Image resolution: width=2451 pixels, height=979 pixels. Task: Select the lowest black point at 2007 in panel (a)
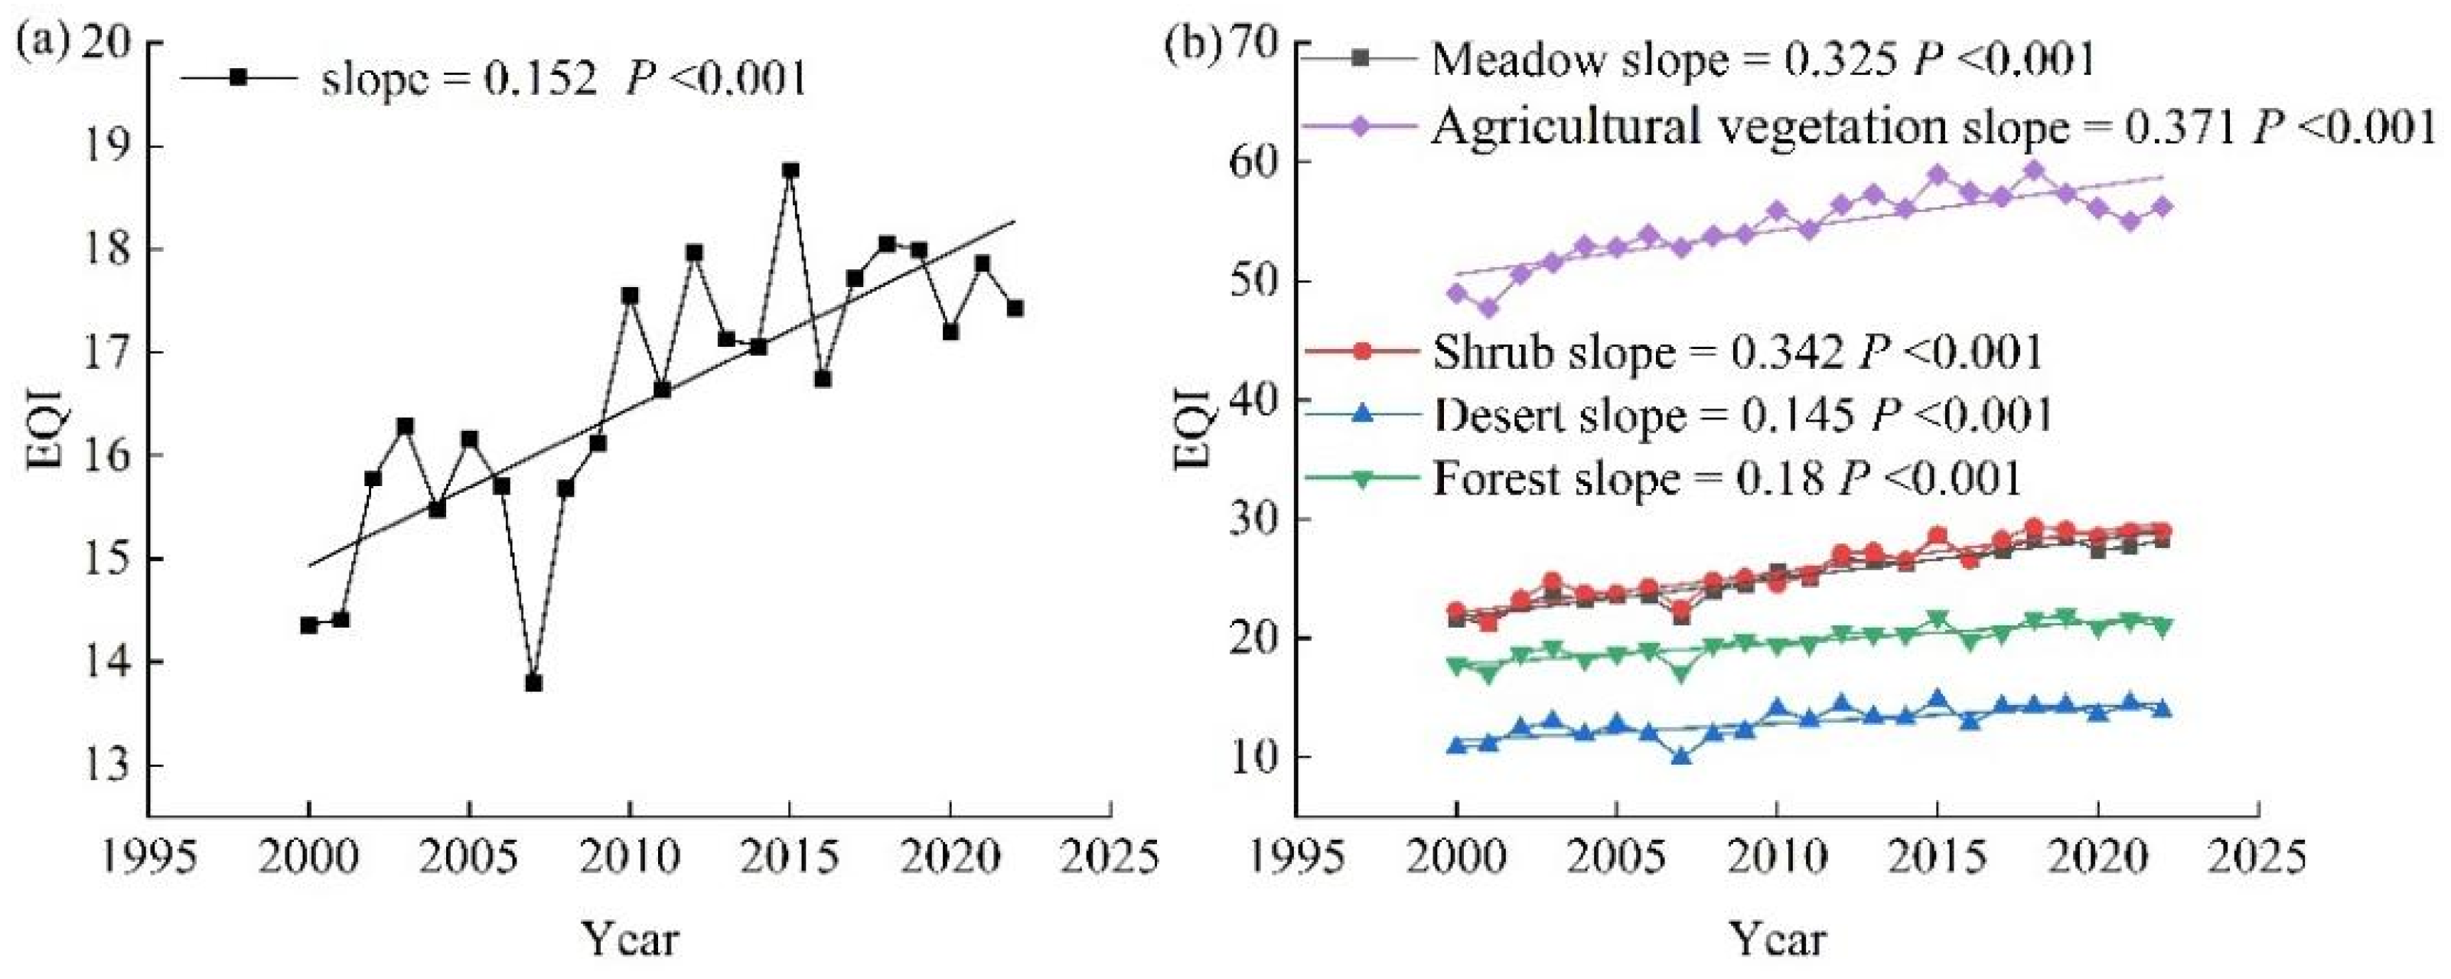click(534, 683)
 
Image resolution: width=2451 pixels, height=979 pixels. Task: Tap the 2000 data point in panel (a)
click(308, 625)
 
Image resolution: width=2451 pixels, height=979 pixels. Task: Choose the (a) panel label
click(40, 44)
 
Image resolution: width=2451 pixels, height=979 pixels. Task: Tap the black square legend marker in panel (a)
click(238, 78)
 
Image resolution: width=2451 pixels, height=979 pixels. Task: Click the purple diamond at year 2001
click(1488, 308)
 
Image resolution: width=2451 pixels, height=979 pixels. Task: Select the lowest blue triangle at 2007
click(1681, 756)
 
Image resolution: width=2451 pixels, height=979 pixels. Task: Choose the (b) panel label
click(1193, 44)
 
